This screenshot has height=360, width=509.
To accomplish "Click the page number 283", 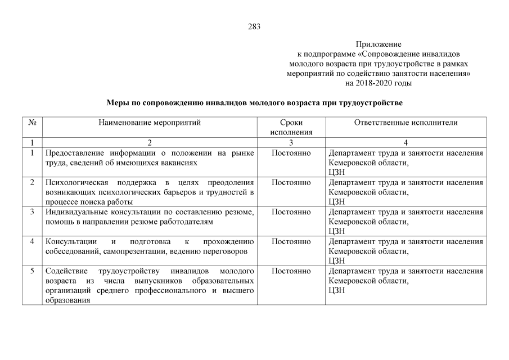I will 254,26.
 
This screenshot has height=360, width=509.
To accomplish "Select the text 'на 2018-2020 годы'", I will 379,83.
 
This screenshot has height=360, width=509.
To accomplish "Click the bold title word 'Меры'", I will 117,103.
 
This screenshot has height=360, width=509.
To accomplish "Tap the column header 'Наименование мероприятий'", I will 150,122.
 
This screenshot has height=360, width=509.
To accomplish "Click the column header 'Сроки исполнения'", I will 291,127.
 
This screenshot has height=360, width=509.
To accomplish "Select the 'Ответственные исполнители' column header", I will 406,122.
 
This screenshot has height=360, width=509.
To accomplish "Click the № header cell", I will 32,122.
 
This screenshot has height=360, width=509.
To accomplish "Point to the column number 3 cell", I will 291,142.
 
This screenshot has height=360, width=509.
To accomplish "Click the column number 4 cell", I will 406,142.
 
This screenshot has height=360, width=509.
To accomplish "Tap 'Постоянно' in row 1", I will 291,153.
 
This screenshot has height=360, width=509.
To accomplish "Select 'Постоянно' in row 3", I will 291,212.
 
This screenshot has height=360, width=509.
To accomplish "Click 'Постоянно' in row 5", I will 291,271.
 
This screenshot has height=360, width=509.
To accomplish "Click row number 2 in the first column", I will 32,182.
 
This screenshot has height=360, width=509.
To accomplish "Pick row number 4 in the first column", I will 32,241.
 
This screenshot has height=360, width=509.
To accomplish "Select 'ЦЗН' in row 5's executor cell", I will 336,290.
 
